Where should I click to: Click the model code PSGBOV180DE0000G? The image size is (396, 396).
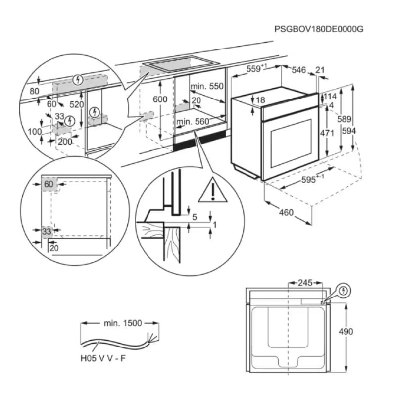(319, 29)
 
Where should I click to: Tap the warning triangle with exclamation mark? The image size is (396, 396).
(213, 190)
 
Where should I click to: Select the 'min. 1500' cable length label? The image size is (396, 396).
(123, 323)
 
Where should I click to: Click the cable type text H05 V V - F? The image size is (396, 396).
(102, 358)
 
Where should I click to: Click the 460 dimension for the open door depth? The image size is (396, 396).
(286, 213)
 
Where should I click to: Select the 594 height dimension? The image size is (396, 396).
(363, 131)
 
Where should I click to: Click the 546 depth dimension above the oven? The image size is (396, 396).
(298, 70)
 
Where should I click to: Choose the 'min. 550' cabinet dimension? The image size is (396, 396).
(207, 86)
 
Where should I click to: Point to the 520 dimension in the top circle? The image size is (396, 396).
(77, 104)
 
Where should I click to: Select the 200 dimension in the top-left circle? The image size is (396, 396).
(65, 142)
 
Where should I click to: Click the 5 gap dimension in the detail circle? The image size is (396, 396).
(195, 216)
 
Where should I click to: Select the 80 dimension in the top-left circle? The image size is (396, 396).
(34, 91)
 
